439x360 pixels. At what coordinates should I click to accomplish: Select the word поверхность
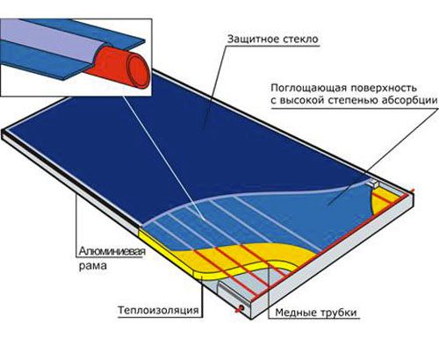(x=384, y=88)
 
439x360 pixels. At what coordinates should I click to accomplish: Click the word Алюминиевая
(x=112, y=251)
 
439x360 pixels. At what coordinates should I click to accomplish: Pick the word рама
(x=92, y=266)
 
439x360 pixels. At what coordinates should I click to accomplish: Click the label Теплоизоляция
(x=158, y=310)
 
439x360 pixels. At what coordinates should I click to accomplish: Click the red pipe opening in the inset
(x=139, y=69)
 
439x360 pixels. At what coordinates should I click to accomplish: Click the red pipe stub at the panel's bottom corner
(x=241, y=308)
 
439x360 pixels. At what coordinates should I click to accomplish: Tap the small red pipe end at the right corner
(x=413, y=191)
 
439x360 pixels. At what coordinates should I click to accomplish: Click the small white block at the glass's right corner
(x=374, y=184)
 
